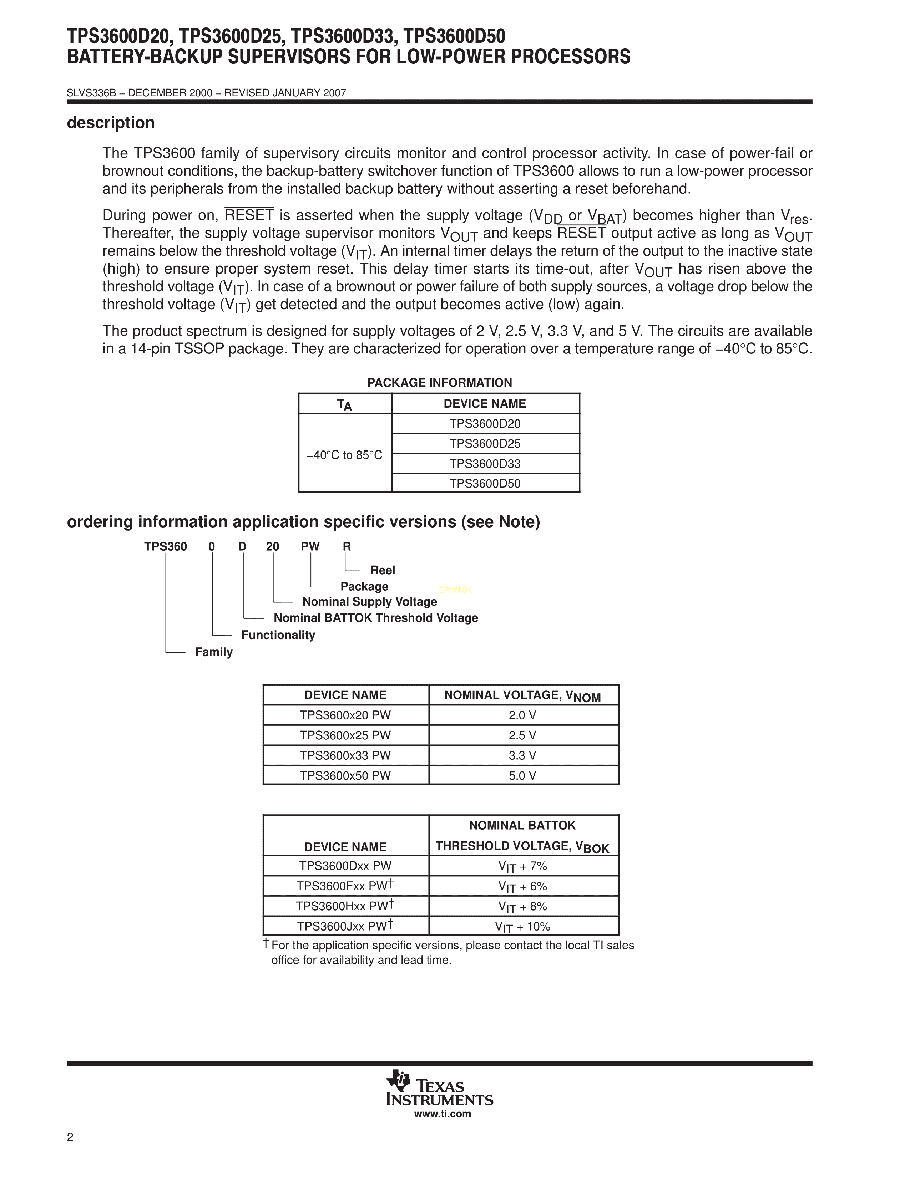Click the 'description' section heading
111,123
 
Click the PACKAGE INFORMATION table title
439,383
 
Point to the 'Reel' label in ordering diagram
383,570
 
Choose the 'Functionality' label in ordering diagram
278,635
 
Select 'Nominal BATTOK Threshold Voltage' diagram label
376,618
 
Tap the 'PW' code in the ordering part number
310,546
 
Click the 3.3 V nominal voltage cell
522,755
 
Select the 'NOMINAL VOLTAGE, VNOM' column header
522,696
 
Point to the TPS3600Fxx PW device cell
345,886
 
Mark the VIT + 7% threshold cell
522,866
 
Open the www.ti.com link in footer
442,1114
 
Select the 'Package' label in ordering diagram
364,586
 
